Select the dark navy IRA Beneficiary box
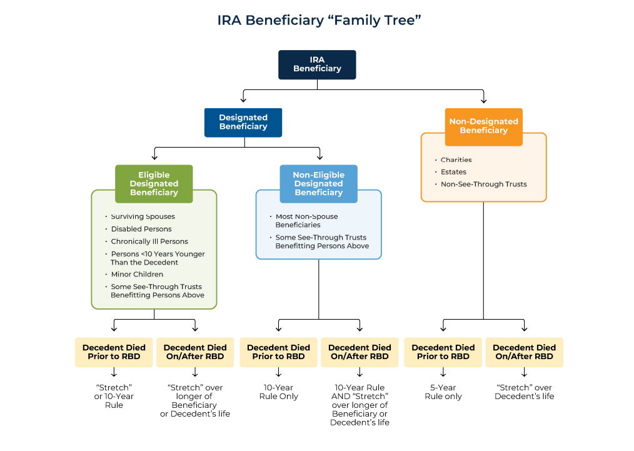pyautogui.click(x=317, y=64)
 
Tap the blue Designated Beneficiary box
pyautogui.click(x=243, y=122)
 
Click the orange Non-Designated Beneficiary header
pyautogui.click(x=483, y=126)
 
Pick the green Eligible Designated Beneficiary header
pyautogui.click(x=154, y=184)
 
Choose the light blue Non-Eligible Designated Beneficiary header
pyautogui.click(x=318, y=184)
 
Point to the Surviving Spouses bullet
pyautogui.click(x=143, y=216)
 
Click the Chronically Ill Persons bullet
pyautogui.click(x=149, y=241)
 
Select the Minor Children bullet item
pyautogui.click(x=137, y=274)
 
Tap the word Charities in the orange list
pyautogui.click(x=456, y=160)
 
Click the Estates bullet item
pyautogui.click(x=453, y=172)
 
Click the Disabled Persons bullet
pyautogui.click(x=141, y=229)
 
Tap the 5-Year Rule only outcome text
pyautogui.click(x=443, y=392)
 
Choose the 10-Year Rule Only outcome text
pyautogui.click(x=278, y=392)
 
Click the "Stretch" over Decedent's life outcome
pyautogui.click(x=524, y=392)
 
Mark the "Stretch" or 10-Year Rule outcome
pyautogui.click(x=114, y=396)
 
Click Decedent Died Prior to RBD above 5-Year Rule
pyautogui.click(x=443, y=352)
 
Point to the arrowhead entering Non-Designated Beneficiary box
pyautogui.click(x=483, y=100)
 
